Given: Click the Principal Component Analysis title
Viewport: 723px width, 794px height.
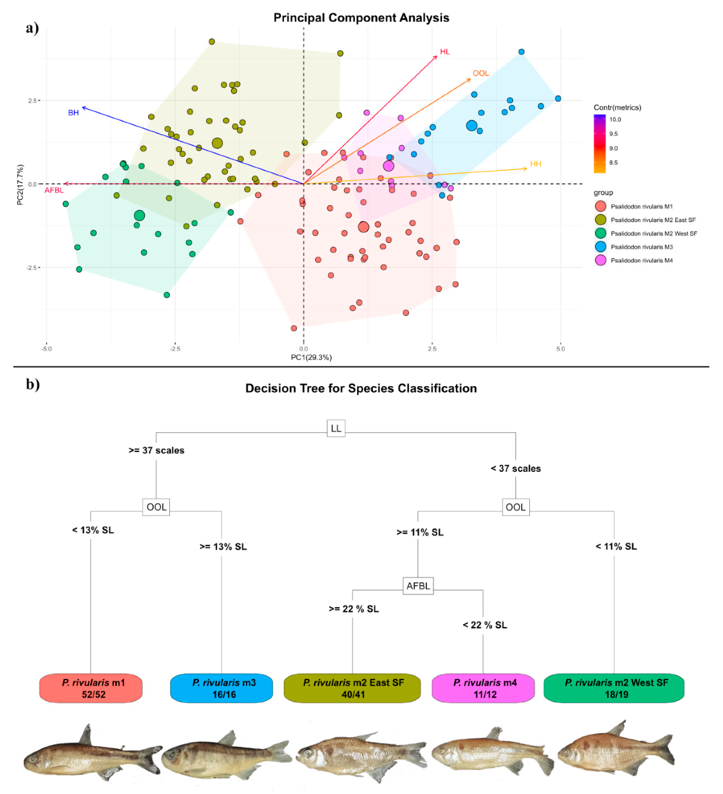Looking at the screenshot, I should pyautogui.click(x=361, y=18).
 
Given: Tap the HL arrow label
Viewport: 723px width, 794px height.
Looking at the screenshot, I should pyautogui.click(x=445, y=52).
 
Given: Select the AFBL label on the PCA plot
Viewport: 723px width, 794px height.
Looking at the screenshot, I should pyautogui.click(x=54, y=190).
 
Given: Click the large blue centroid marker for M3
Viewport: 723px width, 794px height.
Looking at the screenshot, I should pyautogui.click(x=471, y=126).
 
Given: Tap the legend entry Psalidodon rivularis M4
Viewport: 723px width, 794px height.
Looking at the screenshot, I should pyautogui.click(x=641, y=260).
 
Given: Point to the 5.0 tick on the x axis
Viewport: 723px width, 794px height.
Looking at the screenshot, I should pyautogui.click(x=560, y=349).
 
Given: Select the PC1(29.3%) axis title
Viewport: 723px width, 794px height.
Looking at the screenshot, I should pyautogui.click(x=311, y=357).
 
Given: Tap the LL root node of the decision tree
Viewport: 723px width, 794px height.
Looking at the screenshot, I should pyautogui.click(x=336, y=428).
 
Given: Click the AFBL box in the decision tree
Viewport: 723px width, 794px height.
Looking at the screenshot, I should pyautogui.click(x=418, y=586).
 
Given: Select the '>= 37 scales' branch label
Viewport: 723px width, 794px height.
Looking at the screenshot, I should pyautogui.click(x=156, y=450).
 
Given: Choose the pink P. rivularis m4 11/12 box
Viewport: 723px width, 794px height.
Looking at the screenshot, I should pyautogui.click(x=483, y=688).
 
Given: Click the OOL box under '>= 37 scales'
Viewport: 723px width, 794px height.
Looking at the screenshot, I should pyautogui.click(x=156, y=507).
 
